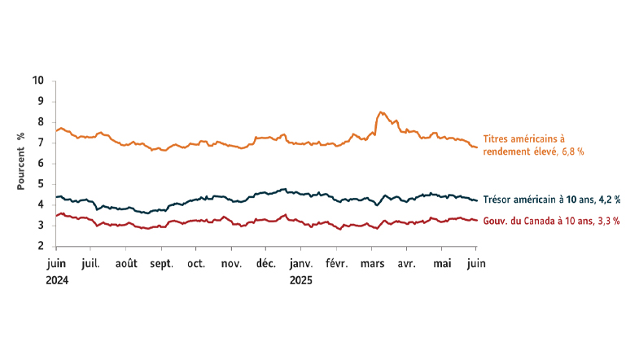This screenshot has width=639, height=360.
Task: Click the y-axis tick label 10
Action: click(x=38, y=81)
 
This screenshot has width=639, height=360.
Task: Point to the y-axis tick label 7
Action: click(x=41, y=143)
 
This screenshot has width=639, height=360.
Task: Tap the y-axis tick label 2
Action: click(x=41, y=246)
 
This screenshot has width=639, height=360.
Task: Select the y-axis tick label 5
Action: click(x=41, y=184)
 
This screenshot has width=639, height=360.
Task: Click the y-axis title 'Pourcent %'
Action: click(x=22, y=164)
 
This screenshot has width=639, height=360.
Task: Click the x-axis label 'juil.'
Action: click(x=90, y=264)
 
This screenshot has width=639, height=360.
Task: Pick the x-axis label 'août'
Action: click(x=126, y=264)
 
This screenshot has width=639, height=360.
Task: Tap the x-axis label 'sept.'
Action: click(x=161, y=264)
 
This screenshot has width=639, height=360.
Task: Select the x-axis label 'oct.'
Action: click(x=196, y=264)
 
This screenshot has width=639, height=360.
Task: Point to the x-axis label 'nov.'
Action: click(x=232, y=264)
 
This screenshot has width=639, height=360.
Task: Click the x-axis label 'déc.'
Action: click(x=266, y=264)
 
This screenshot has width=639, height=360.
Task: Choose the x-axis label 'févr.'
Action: click(x=337, y=264)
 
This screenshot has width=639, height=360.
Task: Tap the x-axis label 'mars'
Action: click(x=372, y=264)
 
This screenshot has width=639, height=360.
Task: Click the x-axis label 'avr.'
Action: click(x=407, y=264)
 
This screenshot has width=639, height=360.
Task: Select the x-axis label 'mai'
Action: click(x=442, y=264)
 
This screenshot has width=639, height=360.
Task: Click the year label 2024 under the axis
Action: click(x=56, y=279)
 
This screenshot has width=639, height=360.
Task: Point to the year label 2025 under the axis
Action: click(x=301, y=279)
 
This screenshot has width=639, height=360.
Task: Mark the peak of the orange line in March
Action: click(x=380, y=112)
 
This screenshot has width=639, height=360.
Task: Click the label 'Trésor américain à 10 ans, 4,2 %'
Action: click(x=552, y=199)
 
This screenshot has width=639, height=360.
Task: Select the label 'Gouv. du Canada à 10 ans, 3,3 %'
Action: click(x=552, y=221)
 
